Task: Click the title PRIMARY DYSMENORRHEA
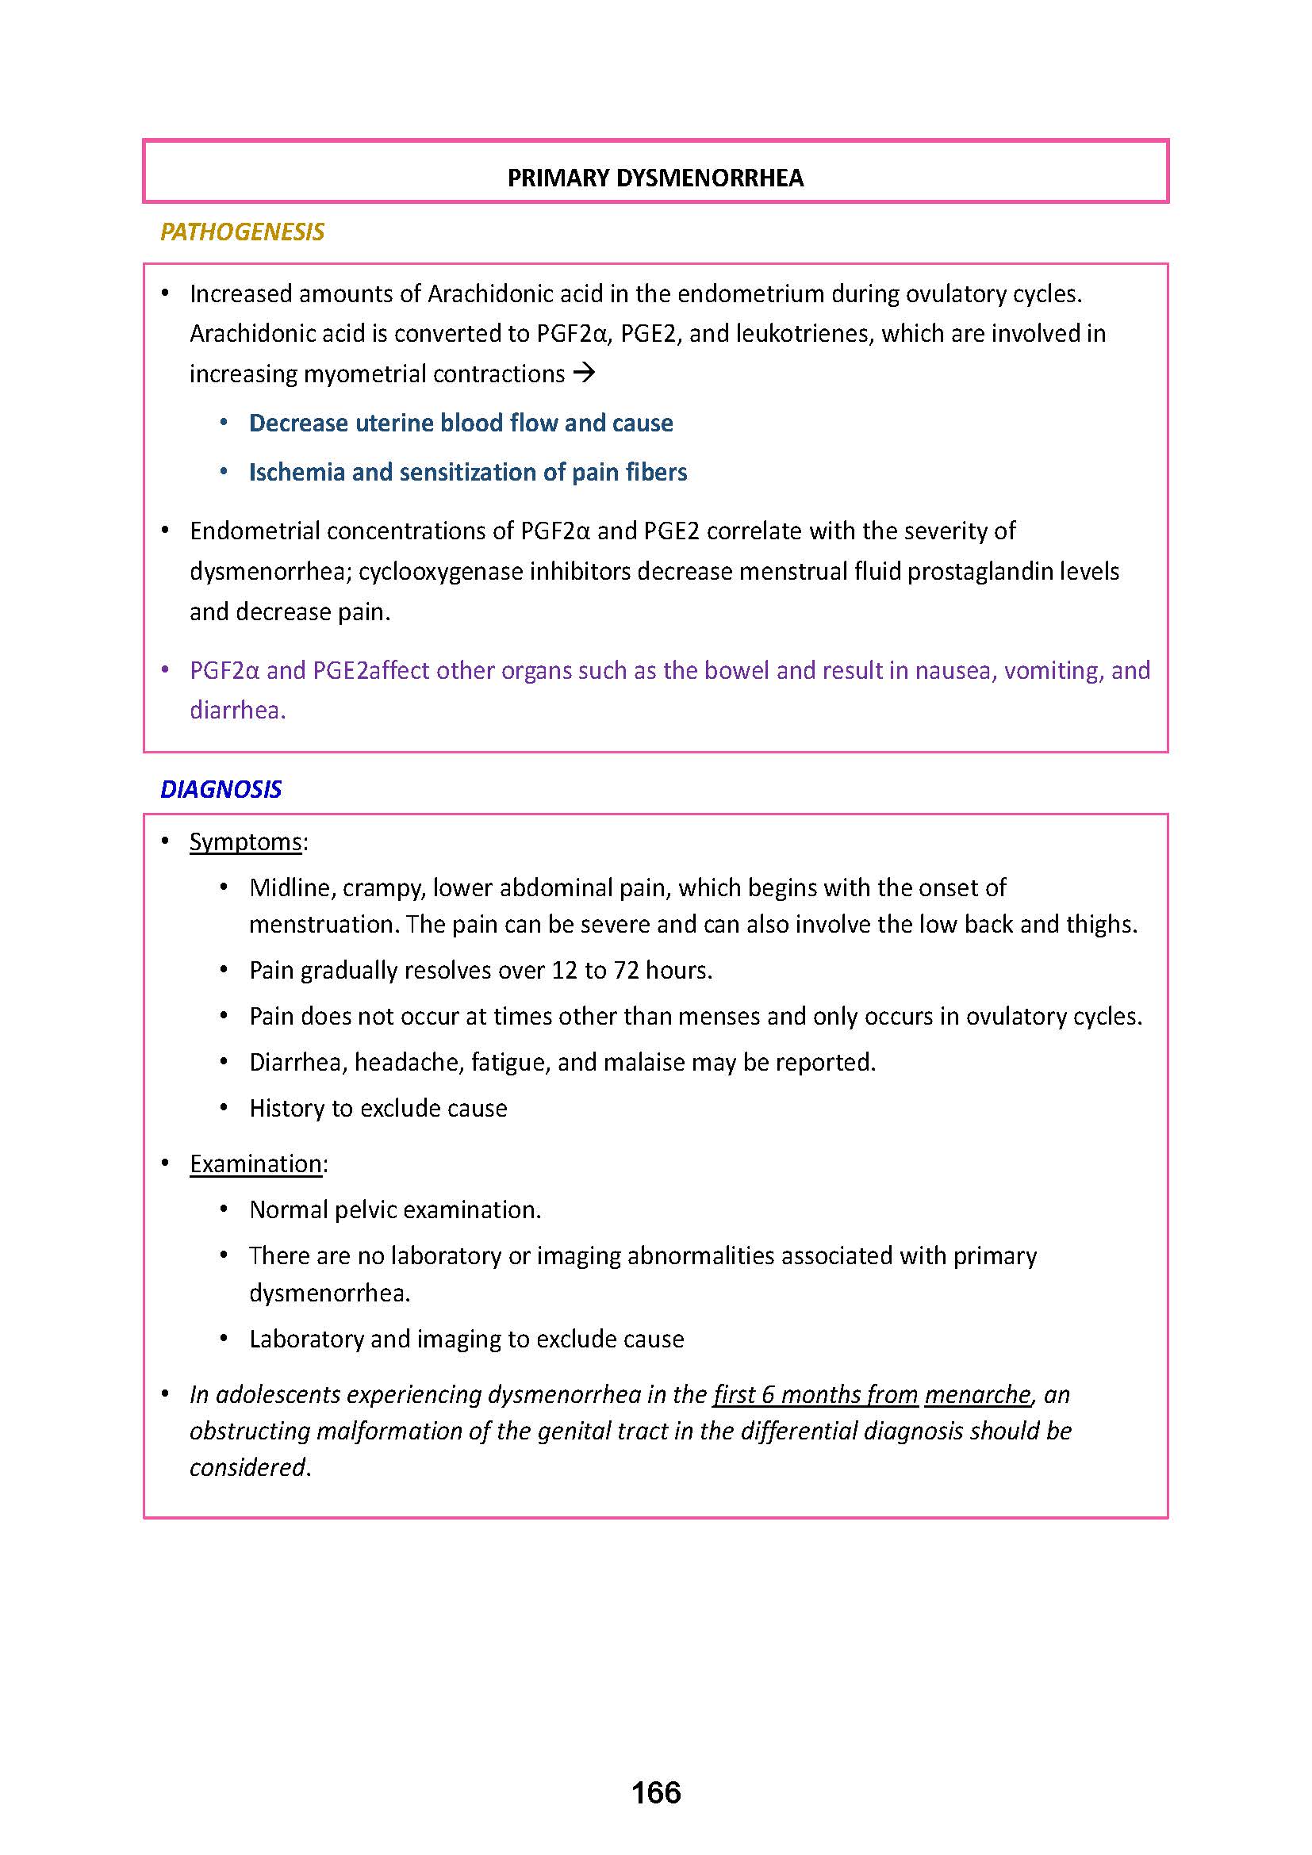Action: (x=655, y=178)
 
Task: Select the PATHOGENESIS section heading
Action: (x=243, y=232)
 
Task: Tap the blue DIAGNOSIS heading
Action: (x=221, y=789)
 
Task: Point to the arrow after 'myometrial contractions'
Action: (x=583, y=374)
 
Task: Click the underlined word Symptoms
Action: (x=246, y=842)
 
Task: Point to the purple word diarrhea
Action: (x=236, y=711)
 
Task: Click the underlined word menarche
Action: (x=977, y=1394)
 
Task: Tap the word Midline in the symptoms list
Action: (x=292, y=888)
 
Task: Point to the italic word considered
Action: (x=248, y=1467)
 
